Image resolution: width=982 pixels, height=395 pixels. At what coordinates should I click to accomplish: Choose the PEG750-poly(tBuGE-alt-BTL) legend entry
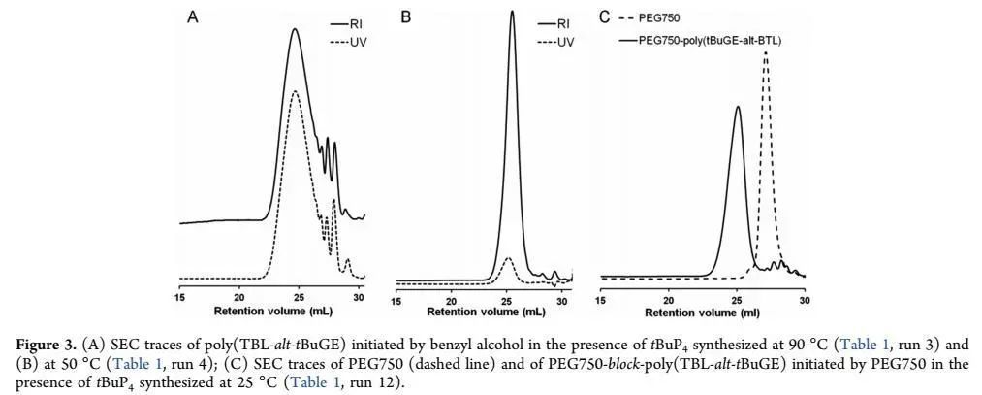[x=698, y=41]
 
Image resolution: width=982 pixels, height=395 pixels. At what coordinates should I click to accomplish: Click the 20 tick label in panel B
[x=451, y=300]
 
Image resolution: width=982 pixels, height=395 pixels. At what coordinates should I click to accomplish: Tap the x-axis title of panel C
[x=700, y=313]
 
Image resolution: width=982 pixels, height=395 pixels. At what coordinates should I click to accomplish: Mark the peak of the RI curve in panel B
[x=512, y=12]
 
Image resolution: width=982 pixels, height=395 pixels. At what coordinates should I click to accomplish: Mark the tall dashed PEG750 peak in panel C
[x=766, y=53]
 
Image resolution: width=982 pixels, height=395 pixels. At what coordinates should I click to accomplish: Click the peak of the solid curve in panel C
[x=738, y=107]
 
